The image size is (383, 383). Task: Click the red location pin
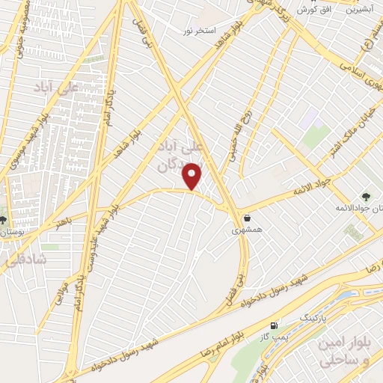point(193,176)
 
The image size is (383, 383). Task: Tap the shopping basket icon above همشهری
point(248,218)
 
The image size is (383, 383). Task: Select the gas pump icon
point(274,325)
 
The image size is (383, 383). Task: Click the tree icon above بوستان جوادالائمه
point(365,195)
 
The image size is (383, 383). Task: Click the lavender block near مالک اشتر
point(310,117)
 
